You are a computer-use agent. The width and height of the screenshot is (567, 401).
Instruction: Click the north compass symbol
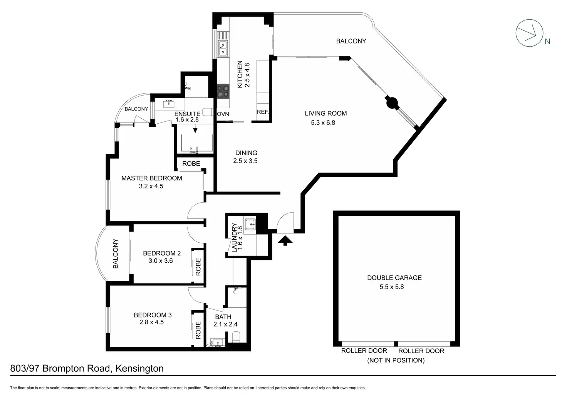coord(530,33)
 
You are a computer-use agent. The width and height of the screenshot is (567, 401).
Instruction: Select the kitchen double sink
coord(223,44)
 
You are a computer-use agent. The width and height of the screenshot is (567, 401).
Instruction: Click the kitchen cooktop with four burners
coord(223,91)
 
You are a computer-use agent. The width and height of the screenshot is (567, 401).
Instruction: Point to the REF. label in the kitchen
coord(263,112)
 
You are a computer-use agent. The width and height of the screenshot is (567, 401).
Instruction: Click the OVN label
coord(223,114)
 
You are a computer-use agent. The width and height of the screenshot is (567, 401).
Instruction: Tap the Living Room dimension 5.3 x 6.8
coord(323,123)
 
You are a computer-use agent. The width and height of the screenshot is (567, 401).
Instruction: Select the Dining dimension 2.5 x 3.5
coord(245,161)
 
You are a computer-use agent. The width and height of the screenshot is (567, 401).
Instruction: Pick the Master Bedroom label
coord(151,178)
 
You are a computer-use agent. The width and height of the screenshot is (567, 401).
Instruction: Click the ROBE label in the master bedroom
coord(191,163)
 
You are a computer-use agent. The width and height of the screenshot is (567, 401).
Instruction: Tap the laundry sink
coord(251,223)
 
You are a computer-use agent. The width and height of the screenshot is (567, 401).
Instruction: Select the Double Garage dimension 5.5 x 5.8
coord(391,287)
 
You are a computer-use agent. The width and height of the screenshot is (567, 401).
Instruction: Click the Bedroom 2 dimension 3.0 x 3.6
coord(161,261)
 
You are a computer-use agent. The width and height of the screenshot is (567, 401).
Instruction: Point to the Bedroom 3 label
coord(153,315)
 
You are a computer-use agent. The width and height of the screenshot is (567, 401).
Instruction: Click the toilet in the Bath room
coord(236,337)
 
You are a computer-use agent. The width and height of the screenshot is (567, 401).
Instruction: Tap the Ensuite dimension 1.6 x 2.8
coord(187,120)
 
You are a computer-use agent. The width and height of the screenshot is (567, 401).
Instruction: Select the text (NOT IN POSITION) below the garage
coord(396,360)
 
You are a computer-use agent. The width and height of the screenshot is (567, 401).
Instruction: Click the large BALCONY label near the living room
coord(351,41)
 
